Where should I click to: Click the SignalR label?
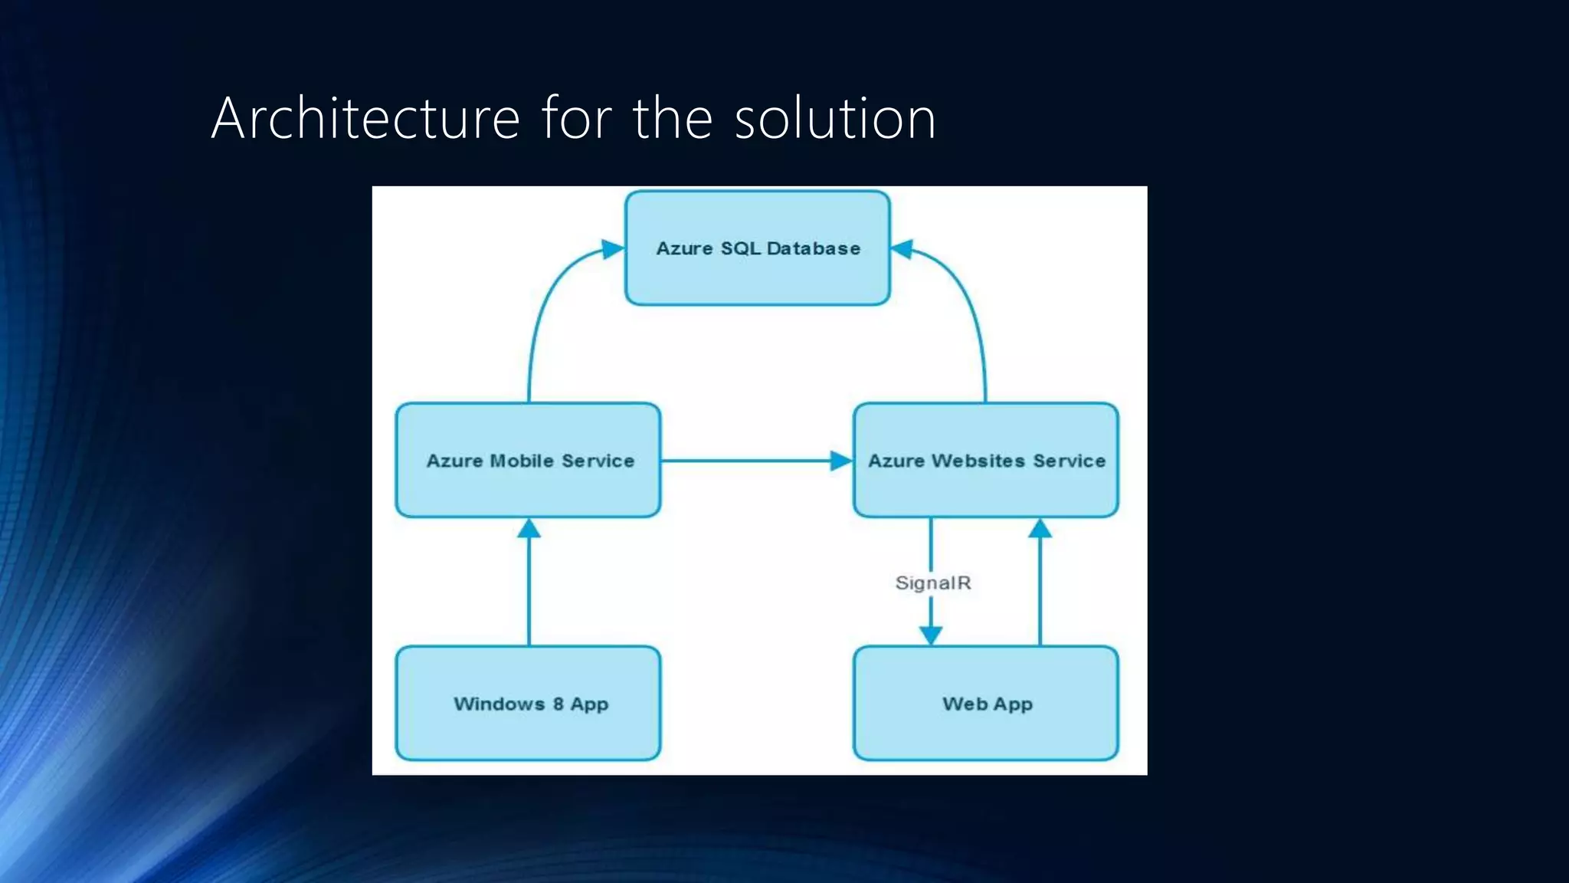pyautogui.click(x=933, y=583)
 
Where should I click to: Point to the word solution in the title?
pyautogui.click(x=835, y=118)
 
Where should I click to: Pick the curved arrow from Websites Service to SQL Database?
pyautogui.click(x=969, y=307)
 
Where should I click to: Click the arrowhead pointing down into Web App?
pyautogui.click(x=931, y=635)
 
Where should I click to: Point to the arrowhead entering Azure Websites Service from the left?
pyautogui.click(x=841, y=461)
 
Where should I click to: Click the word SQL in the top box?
pyautogui.click(x=740, y=248)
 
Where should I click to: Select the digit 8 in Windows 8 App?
pyautogui.click(x=558, y=704)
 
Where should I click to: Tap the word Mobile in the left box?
pyautogui.click(x=522, y=461)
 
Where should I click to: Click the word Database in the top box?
pyautogui.click(x=813, y=248)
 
